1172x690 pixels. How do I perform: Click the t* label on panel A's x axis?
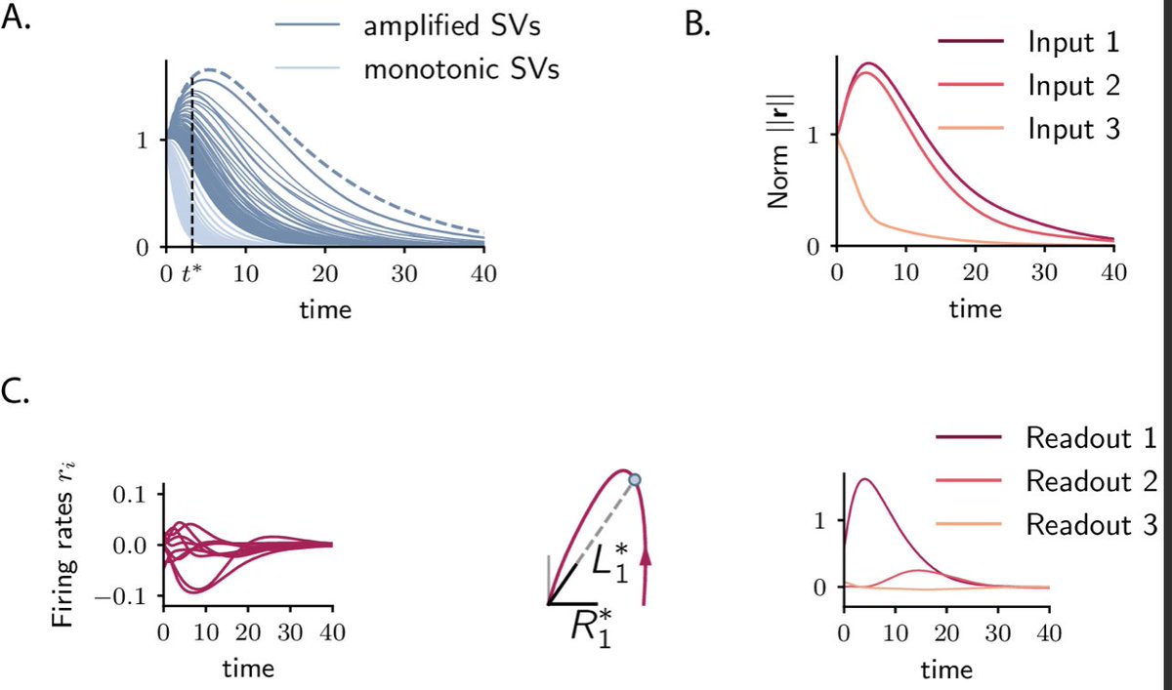(193, 272)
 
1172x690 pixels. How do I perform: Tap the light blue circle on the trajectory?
(635, 479)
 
